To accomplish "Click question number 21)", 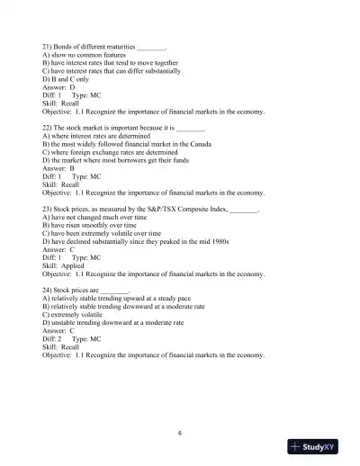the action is (49, 45).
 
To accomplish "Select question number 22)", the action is (49, 128).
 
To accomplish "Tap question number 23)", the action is (49, 209).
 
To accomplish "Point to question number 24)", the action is (49, 291).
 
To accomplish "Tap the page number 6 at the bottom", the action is (180, 432).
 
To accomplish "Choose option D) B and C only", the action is (71, 79).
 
